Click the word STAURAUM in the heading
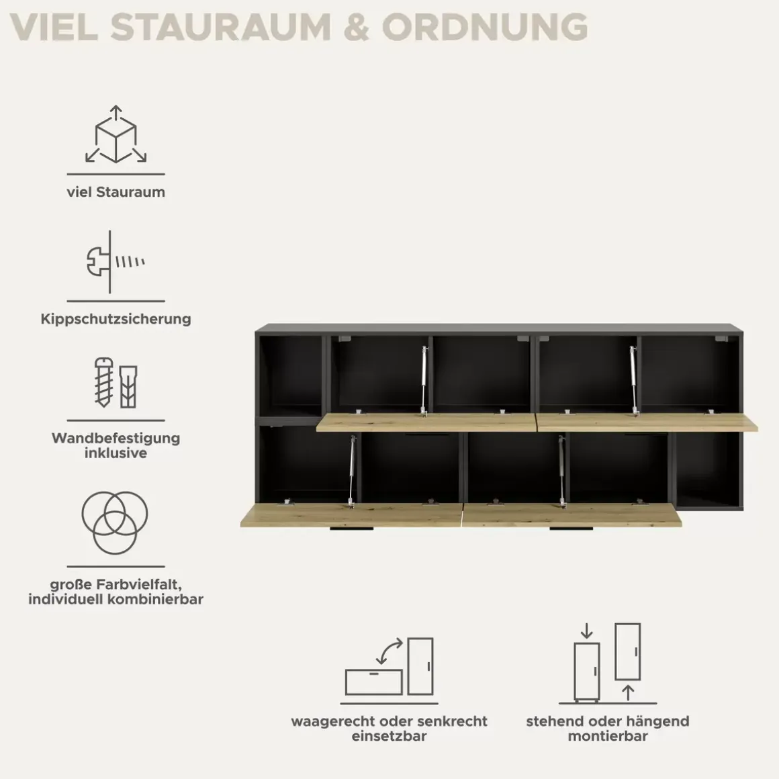point(220,27)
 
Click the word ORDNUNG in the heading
point(485,27)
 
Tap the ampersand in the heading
point(356,27)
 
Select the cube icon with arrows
point(116,134)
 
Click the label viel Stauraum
point(116,192)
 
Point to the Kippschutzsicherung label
point(116,319)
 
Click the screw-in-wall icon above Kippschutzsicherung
point(116,262)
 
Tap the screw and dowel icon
point(116,383)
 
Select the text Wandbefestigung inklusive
point(116,446)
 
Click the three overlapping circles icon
point(115,522)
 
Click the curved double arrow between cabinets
point(389,651)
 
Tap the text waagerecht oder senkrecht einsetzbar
point(389,729)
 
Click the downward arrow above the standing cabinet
point(587,631)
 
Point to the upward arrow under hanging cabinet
point(628,693)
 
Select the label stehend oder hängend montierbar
point(608,729)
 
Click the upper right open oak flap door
point(647,422)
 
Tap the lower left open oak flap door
point(351,515)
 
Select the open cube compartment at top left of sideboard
point(291,375)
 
